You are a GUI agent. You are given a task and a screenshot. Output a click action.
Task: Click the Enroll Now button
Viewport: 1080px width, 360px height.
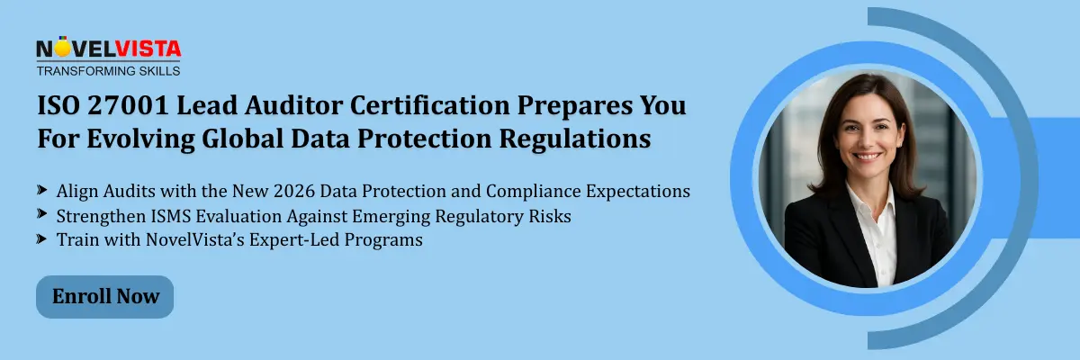pos(105,296)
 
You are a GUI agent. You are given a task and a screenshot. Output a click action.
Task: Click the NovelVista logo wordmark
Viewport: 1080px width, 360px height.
pos(108,49)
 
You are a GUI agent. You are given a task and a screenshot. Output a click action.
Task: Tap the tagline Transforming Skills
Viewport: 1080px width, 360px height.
pos(108,70)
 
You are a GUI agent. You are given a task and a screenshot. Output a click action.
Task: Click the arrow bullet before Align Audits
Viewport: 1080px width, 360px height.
pos(41,191)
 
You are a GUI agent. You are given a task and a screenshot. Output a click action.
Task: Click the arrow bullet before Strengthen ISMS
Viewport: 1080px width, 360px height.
pos(41,215)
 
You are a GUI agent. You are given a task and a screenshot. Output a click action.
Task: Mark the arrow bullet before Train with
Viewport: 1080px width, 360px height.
pos(41,239)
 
